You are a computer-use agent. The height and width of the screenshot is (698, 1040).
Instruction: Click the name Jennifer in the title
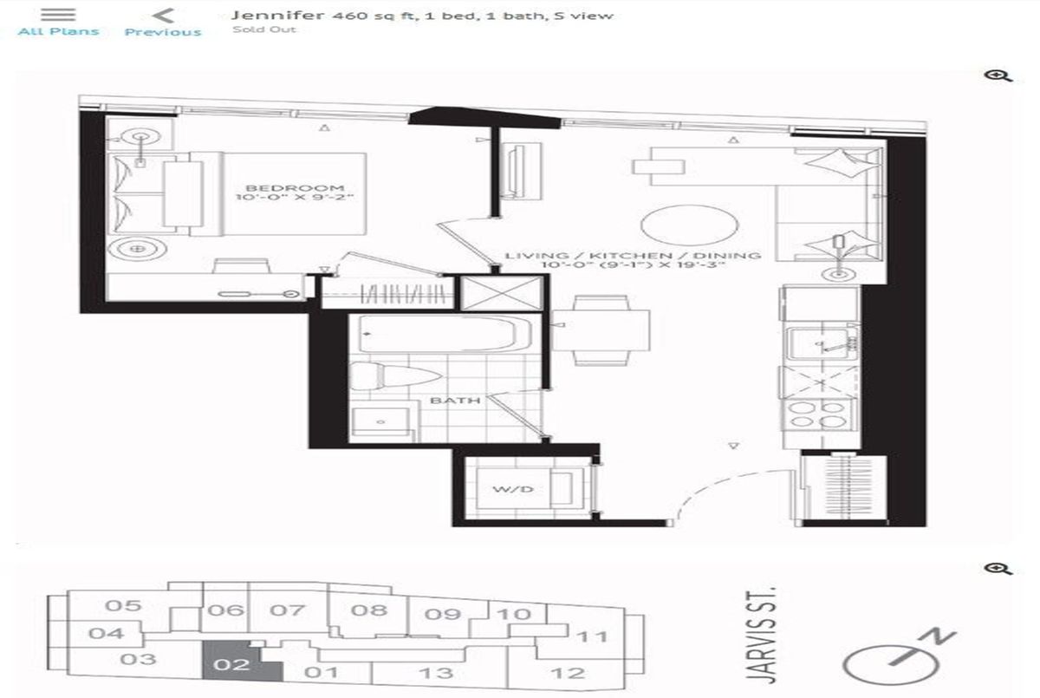point(277,16)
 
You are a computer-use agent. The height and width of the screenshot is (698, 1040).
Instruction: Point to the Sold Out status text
point(263,29)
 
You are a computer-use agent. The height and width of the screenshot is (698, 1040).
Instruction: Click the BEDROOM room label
point(295,188)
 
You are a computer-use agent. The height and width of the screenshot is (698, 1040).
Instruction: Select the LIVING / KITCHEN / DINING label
point(633,256)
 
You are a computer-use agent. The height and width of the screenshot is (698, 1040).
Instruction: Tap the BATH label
point(455,401)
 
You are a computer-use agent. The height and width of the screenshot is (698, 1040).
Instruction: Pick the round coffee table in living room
point(690,225)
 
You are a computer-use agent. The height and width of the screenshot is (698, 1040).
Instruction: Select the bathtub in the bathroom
point(439,334)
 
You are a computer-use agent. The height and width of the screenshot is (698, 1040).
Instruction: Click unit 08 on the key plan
point(369,610)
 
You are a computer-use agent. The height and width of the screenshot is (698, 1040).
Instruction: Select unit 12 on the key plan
point(568,673)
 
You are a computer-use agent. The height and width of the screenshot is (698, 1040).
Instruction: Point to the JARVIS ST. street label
point(762,636)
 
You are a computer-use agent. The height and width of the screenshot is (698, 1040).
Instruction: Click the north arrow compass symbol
point(896,661)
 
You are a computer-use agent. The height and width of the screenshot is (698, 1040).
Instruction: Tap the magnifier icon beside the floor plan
point(998,76)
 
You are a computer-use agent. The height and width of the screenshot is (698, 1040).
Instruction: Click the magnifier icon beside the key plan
point(998,570)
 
